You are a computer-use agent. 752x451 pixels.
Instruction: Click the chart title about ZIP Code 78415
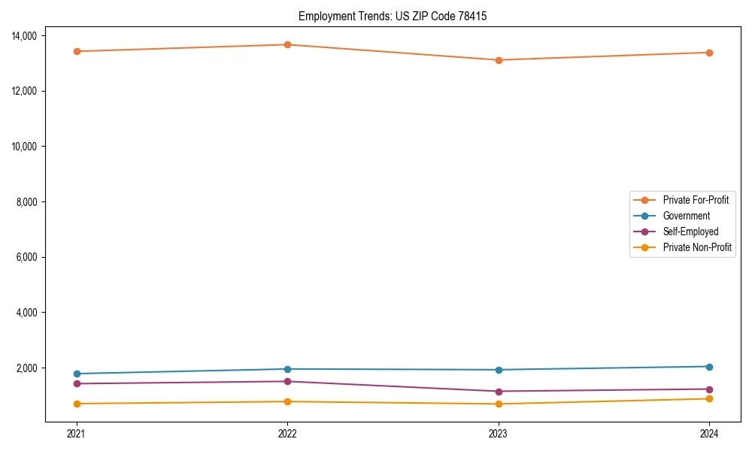click(393, 16)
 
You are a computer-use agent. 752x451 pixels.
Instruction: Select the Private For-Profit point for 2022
click(287, 44)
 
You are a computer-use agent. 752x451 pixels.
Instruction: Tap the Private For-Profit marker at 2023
click(498, 60)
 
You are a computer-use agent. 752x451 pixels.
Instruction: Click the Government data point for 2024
click(709, 367)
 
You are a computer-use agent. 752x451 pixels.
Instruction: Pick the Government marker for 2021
click(76, 374)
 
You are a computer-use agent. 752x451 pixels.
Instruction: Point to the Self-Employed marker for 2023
click(498, 391)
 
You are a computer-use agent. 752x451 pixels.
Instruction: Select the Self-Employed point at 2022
click(287, 381)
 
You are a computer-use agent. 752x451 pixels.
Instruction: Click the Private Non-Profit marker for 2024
click(709, 398)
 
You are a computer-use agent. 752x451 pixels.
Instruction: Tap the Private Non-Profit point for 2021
click(76, 404)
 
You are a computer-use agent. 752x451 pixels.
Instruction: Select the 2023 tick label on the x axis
click(498, 433)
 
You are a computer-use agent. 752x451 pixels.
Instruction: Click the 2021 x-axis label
click(76, 433)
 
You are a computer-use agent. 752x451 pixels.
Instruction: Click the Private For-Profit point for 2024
click(709, 53)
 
